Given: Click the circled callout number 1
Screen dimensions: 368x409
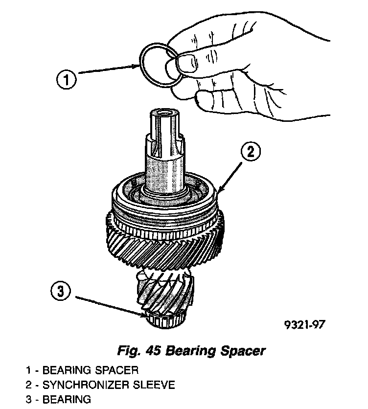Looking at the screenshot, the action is coord(67,80).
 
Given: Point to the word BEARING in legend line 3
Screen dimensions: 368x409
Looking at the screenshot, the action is coord(67,399).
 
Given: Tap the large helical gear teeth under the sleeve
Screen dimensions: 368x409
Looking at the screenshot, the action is coord(161,247).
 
